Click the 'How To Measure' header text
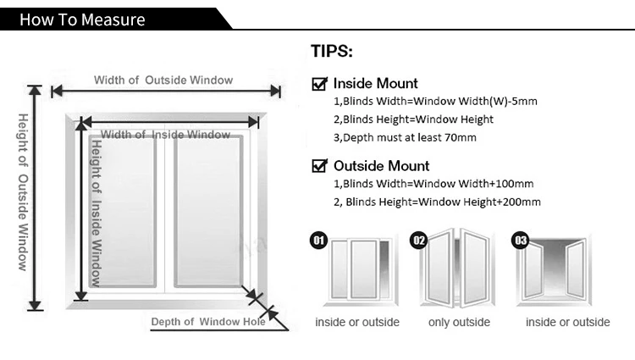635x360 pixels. click(x=82, y=19)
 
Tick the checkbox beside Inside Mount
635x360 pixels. click(x=320, y=84)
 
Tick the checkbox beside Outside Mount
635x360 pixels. click(x=320, y=166)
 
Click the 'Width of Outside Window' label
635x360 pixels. click(x=163, y=80)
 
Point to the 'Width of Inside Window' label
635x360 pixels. click(x=166, y=135)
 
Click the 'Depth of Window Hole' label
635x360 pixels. click(x=208, y=321)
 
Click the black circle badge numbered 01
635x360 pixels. click(x=319, y=241)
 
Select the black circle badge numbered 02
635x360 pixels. click(x=418, y=241)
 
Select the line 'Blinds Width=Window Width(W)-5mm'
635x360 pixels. click(x=434, y=102)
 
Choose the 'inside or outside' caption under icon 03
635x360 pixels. click(x=567, y=322)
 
